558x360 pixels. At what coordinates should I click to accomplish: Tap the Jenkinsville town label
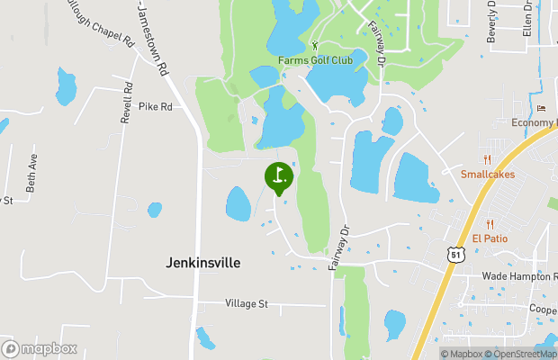(x=203, y=263)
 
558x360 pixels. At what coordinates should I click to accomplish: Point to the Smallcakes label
(x=488, y=174)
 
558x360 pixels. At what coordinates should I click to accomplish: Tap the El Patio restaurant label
(x=490, y=238)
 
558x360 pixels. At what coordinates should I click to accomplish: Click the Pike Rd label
(x=155, y=106)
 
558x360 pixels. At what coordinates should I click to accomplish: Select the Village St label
(x=247, y=304)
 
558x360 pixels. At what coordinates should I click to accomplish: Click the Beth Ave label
(x=31, y=173)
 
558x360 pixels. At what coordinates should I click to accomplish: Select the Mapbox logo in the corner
(x=40, y=348)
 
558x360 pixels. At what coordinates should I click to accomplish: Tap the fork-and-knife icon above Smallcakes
(x=488, y=159)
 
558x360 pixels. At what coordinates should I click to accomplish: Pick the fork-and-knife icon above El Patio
(x=490, y=224)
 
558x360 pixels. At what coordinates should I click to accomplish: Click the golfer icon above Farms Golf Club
(x=314, y=46)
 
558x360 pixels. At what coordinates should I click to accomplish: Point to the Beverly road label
(x=492, y=18)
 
